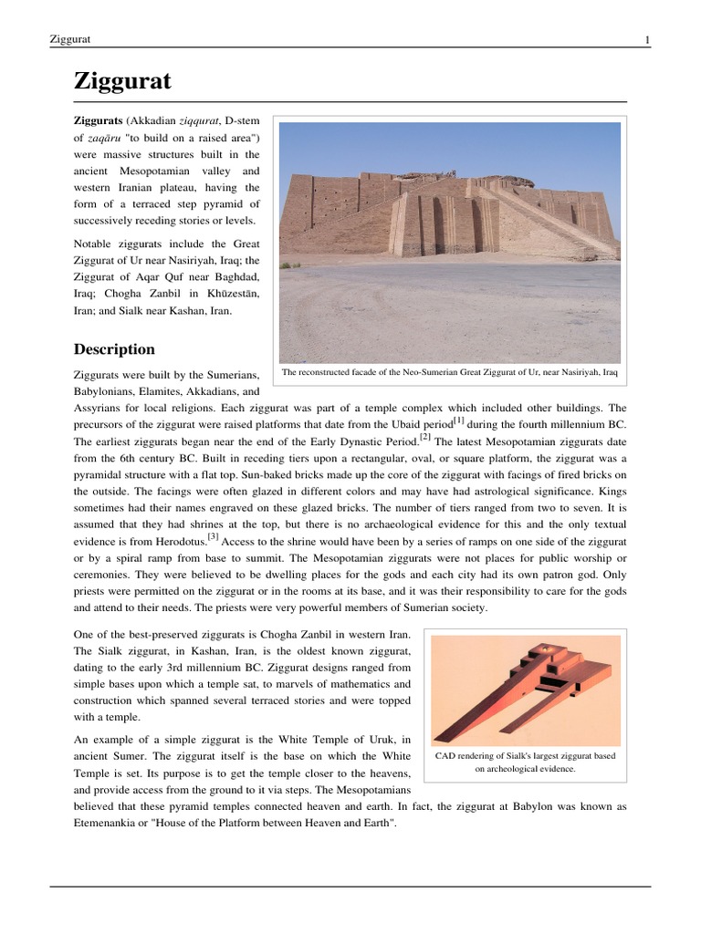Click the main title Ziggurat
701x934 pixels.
point(121,82)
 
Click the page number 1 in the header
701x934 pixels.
point(647,39)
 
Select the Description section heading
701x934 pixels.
point(114,349)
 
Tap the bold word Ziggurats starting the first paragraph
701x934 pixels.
point(97,120)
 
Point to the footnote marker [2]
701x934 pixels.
point(424,437)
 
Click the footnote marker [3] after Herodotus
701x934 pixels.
point(213,537)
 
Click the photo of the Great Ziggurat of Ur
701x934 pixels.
point(449,243)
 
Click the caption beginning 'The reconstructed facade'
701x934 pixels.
point(449,373)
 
